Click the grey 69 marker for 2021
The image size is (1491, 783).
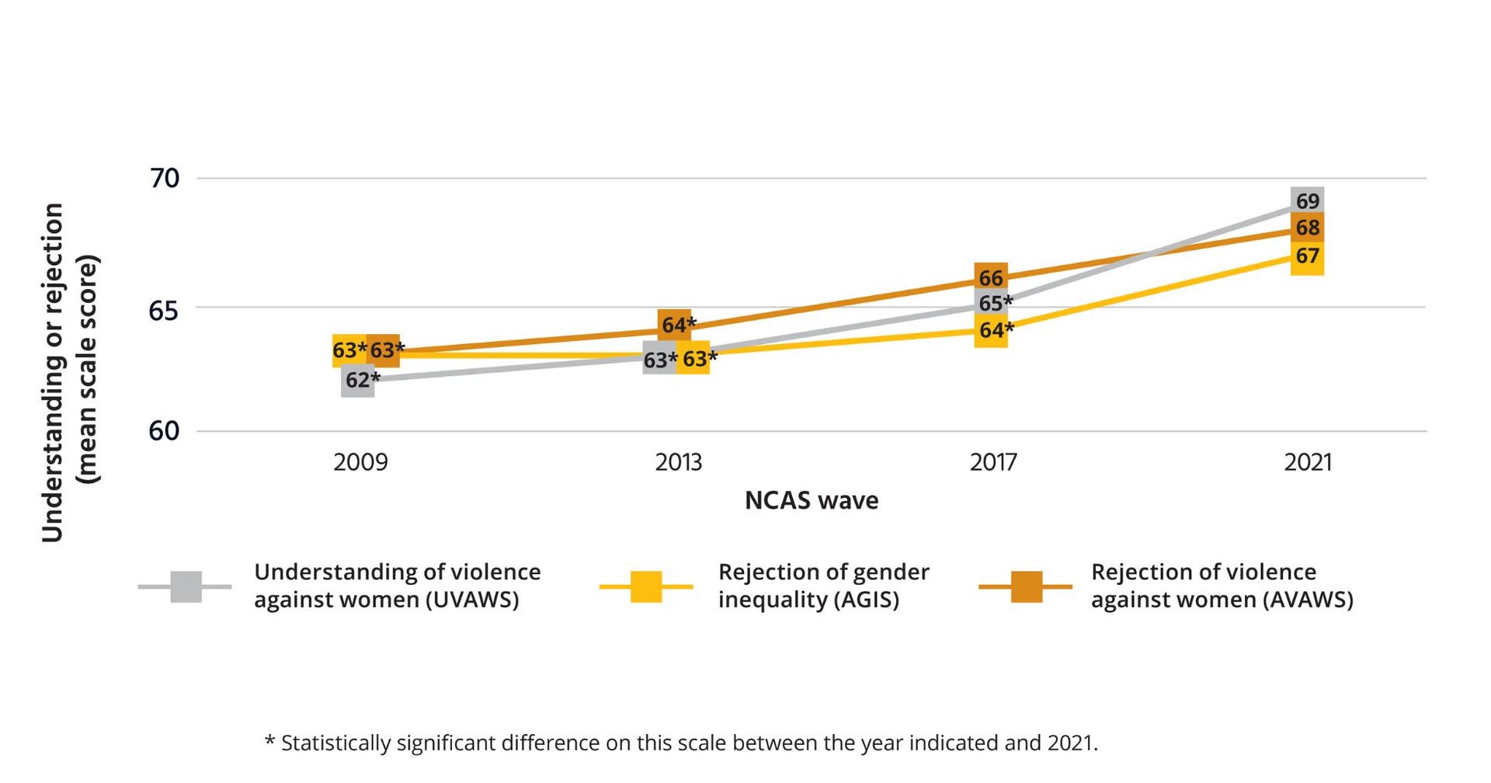pos(1307,201)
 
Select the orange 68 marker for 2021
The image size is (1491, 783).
pos(1307,228)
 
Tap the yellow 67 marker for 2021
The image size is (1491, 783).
pos(1307,256)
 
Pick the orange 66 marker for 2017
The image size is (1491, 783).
pos(991,278)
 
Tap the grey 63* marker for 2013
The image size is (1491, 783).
pos(659,360)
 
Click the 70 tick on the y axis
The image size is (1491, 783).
pos(164,179)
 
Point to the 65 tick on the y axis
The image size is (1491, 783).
pos(164,311)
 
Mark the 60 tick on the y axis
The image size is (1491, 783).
pos(164,431)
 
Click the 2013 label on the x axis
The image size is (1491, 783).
pos(678,463)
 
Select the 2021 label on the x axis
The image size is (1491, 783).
pos(1308,463)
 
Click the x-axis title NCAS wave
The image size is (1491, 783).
pos(812,501)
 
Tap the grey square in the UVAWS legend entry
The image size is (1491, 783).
pos(186,587)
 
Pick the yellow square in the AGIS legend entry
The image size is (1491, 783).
pos(646,587)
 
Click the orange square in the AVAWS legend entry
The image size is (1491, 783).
pos(1026,587)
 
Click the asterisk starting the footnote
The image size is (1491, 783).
pos(269,740)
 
